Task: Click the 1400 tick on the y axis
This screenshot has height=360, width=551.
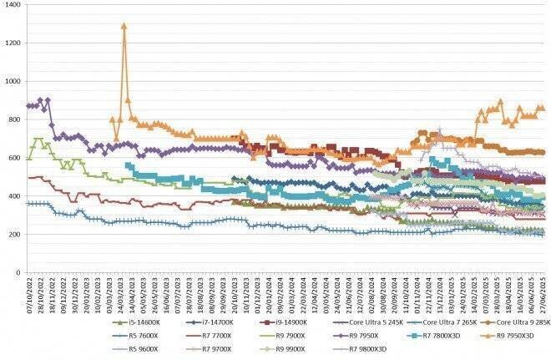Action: click(x=13, y=5)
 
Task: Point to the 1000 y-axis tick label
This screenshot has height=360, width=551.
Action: click(x=13, y=81)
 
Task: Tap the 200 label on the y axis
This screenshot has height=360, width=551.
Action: click(x=15, y=234)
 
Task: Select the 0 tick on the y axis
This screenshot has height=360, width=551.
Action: click(x=20, y=272)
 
